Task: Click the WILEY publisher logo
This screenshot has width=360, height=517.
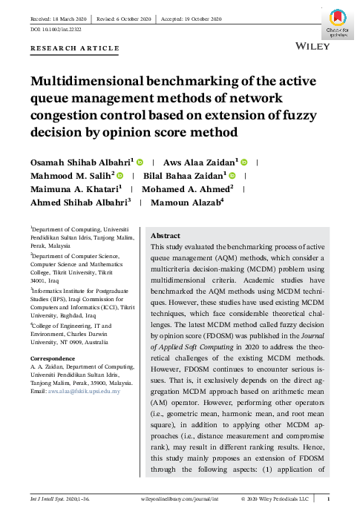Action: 313,45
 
